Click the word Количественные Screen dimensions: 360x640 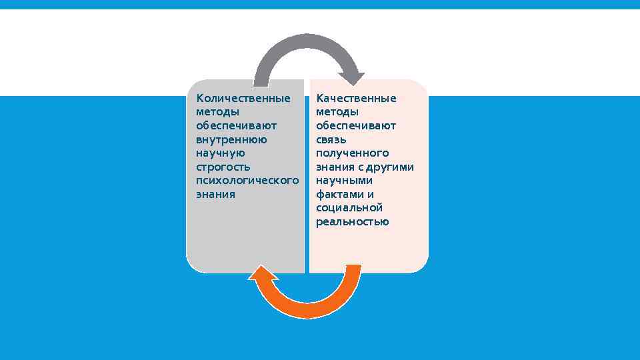click(243, 99)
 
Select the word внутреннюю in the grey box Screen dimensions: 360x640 click(231, 140)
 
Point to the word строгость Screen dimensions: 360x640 click(223, 167)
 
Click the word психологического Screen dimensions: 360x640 click(247, 181)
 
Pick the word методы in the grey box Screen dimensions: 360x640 click(217, 112)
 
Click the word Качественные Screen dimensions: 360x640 click(356, 99)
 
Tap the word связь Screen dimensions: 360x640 click(331, 140)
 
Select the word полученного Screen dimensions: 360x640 click(352, 153)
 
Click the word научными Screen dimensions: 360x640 click(344, 181)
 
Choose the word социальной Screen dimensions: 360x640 click(349, 208)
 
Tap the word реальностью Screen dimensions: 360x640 click(352, 222)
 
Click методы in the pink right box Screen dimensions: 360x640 click(337, 112)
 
